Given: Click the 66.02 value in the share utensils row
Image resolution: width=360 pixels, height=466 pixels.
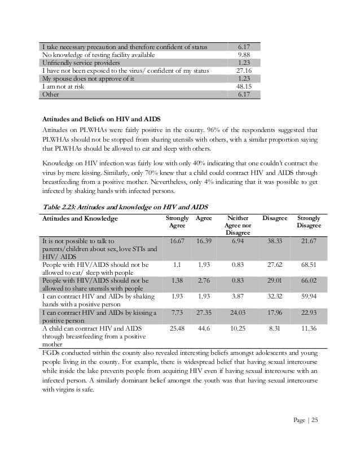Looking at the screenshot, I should point(309,280).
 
